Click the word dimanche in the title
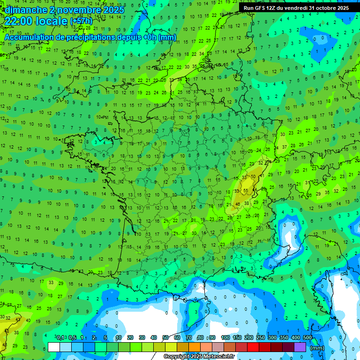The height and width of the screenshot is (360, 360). pos(25,10)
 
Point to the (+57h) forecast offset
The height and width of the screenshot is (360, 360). pos(82,22)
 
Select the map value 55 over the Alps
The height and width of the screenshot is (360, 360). pos(246,191)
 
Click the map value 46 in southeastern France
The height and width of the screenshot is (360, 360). pos(237,204)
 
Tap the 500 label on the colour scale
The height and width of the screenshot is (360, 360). pos(307,337)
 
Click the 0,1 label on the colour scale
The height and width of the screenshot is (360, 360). pos(60,337)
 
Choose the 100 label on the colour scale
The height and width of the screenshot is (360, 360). pos(225,337)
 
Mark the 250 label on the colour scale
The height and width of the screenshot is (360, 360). pos(261,337)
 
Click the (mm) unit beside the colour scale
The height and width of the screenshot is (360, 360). pos(317,348)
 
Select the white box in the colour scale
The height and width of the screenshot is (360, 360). pos(54,347)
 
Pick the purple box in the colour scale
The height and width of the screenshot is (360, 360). pos(300,347)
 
